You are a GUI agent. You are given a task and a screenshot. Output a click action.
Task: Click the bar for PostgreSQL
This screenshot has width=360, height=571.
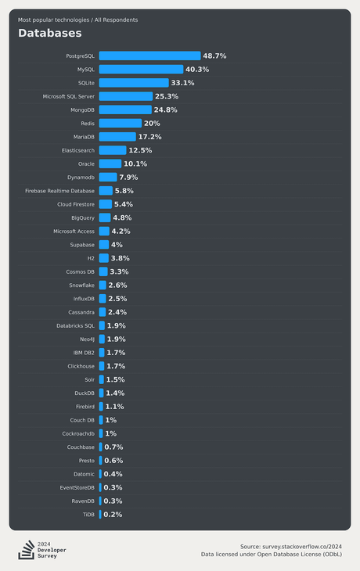(x=149, y=56)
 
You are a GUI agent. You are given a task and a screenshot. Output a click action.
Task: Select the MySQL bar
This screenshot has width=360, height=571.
(x=141, y=70)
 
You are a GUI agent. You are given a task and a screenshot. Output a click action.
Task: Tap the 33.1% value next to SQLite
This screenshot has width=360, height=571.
(x=182, y=83)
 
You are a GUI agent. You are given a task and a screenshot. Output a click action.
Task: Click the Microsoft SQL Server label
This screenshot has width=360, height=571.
(x=69, y=96)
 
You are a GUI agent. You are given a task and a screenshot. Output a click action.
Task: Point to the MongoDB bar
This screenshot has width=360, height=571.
(x=125, y=110)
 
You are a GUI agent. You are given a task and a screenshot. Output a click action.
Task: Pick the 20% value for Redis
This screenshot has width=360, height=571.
(x=152, y=124)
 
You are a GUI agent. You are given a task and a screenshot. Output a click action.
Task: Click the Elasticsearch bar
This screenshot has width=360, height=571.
(x=112, y=150)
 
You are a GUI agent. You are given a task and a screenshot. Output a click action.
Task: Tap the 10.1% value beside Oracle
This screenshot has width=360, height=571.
(x=135, y=164)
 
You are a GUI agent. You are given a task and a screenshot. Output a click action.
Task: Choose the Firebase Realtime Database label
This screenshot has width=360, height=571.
(x=59, y=191)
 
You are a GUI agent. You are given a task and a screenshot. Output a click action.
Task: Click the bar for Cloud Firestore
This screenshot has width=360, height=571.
(x=105, y=204)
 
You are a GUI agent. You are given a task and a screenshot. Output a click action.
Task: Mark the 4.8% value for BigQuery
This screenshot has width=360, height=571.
(x=122, y=218)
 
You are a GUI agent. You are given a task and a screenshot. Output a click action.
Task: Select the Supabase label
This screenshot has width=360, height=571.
(x=82, y=245)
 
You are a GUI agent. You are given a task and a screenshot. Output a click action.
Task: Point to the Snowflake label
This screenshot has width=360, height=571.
(x=81, y=285)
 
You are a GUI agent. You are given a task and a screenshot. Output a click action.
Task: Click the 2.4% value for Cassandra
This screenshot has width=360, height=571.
(x=117, y=312)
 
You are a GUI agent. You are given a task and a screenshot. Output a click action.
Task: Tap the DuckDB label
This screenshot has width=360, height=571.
(x=85, y=393)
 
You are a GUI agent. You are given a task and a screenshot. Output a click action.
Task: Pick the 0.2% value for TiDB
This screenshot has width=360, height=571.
(x=113, y=515)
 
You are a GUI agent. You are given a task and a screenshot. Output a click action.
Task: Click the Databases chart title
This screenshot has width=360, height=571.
(x=49, y=34)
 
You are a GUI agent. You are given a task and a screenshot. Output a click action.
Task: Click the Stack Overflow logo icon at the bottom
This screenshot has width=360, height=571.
(x=26, y=550)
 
